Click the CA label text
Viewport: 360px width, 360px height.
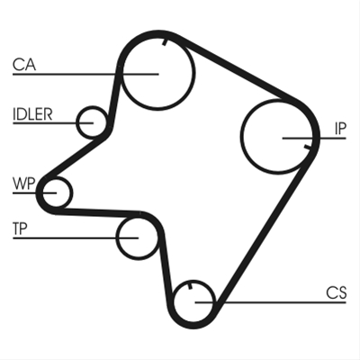(x=24, y=65)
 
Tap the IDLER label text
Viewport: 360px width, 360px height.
(x=32, y=114)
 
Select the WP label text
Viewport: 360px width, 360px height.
(x=24, y=184)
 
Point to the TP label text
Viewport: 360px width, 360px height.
(x=20, y=229)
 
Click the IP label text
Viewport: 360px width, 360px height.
(x=340, y=129)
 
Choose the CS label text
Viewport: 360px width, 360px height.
(x=337, y=292)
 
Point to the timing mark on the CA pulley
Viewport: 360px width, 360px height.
(x=164, y=42)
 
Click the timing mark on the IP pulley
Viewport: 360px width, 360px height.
(x=307, y=147)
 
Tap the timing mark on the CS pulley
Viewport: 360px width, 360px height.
(x=190, y=286)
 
